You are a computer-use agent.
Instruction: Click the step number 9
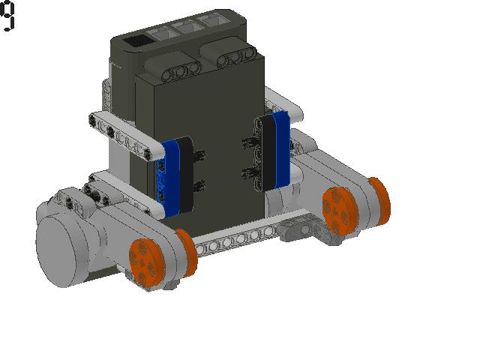[x=7, y=16]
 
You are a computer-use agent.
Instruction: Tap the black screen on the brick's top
[x=136, y=41]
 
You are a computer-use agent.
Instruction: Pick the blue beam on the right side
[x=282, y=149]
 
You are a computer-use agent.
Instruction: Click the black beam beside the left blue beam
[x=186, y=175]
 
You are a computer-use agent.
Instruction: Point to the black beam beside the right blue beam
[x=268, y=154]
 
